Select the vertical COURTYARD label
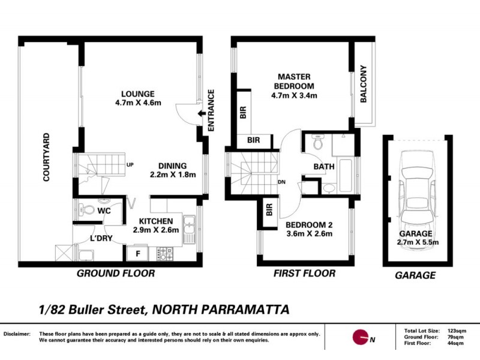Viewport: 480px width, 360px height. [x=46, y=157]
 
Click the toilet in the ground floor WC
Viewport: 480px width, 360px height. [x=87, y=210]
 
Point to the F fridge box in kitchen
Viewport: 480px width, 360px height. [x=138, y=254]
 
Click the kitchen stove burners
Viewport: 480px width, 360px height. [x=165, y=254]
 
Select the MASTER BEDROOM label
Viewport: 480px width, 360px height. [x=294, y=86]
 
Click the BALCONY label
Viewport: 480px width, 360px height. [x=364, y=85]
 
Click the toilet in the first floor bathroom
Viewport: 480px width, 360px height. [x=318, y=144]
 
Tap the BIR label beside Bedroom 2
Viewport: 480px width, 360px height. [x=268, y=211]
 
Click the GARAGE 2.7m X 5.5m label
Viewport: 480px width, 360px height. [x=418, y=238]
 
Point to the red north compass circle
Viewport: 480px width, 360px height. [x=360, y=338]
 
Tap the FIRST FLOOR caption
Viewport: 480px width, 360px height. [x=304, y=274]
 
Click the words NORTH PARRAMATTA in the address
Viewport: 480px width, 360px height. [x=220, y=310]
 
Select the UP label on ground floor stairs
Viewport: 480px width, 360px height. [x=130, y=165]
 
